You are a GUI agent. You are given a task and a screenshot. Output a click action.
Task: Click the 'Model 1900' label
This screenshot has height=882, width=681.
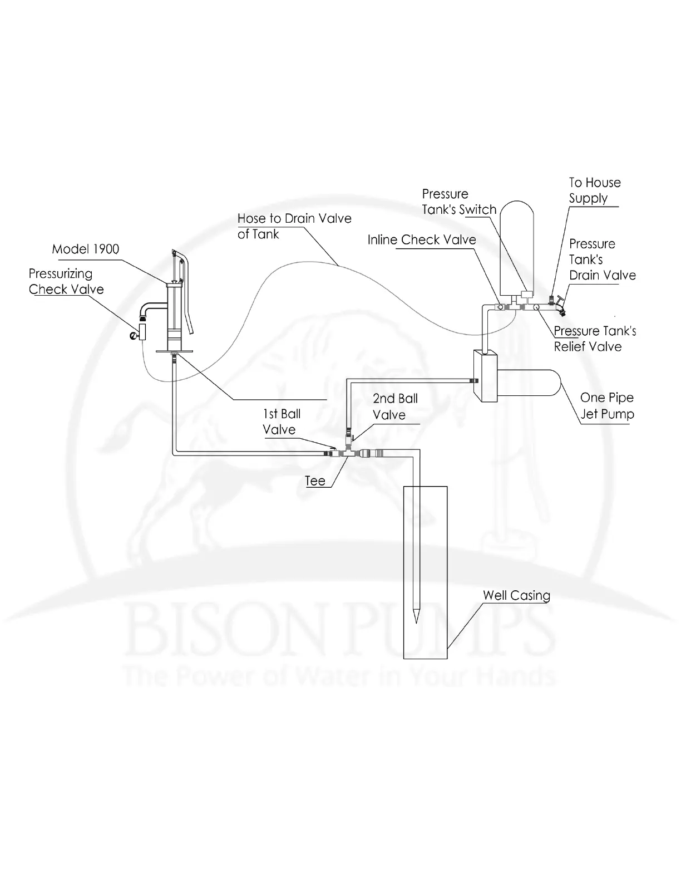pyautogui.click(x=86, y=249)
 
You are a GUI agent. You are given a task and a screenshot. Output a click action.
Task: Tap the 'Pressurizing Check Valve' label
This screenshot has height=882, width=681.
pyautogui.click(x=66, y=282)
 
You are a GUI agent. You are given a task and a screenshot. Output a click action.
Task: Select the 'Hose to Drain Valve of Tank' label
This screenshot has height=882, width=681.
pyautogui.click(x=294, y=226)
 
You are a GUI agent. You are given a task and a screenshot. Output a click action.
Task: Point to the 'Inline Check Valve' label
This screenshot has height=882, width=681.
pyautogui.click(x=422, y=240)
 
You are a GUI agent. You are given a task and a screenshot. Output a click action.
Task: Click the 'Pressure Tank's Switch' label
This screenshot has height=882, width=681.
pyautogui.click(x=459, y=202)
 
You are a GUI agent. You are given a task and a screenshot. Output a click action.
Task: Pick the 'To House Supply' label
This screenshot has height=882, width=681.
pyautogui.click(x=594, y=190)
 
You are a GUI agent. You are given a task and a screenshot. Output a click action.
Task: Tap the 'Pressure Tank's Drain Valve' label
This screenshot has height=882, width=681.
pyautogui.click(x=602, y=259)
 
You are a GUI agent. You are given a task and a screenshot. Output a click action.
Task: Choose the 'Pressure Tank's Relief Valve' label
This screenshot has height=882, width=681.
pyautogui.click(x=595, y=339)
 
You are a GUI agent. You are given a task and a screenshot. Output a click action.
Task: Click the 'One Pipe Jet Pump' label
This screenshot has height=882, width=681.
pyautogui.click(x=606, y=406)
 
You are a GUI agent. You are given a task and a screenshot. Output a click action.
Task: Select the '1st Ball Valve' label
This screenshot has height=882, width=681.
pyautogui.click(x=281, y=422)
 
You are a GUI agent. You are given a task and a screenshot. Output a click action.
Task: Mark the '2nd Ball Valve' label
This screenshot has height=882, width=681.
pyautogui.click(x=395, y=406)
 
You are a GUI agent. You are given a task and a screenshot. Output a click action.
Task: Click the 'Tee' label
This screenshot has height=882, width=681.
pyautogui.click(x=315, y=481)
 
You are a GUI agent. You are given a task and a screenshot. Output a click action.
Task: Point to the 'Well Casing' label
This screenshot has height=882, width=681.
pyautogui.click(x=516, y=595)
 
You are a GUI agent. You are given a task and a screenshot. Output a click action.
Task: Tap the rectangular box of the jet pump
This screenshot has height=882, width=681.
pyautogui.click(x=485, y=376)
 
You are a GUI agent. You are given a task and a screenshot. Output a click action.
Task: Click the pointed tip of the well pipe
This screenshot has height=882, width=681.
pyautogui.click(x=416, y=618)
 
